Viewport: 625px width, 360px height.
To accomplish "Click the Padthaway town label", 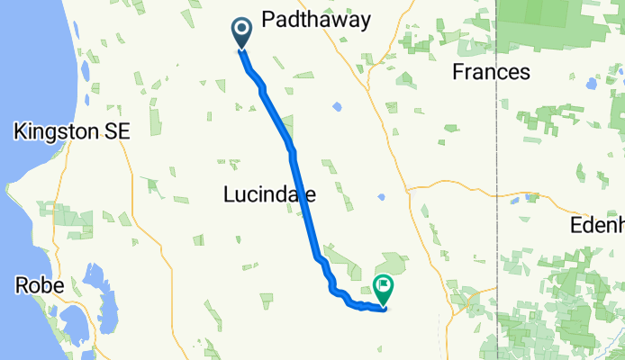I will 315,20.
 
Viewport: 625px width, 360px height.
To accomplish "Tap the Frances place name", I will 490,72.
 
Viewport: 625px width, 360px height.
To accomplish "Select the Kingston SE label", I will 72,131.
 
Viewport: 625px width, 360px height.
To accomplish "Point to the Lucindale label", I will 268,193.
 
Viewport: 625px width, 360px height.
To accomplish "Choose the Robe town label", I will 40,285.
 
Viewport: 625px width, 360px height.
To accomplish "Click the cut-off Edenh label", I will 597,225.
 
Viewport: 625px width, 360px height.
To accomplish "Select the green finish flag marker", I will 385,289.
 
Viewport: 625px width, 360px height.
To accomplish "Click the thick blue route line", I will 303,198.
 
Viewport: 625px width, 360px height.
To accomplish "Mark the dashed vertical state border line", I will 498,180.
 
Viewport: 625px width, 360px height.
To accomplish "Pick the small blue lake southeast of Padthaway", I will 336,106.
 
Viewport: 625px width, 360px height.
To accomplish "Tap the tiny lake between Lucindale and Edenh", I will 382,196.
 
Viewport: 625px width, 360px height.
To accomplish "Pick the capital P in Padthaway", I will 267,20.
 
